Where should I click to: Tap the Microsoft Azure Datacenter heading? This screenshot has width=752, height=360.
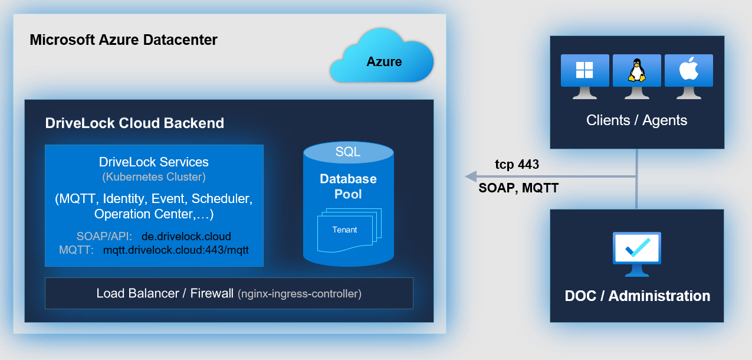[x=123, y=40]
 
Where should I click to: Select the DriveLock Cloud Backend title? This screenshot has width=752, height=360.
[x=134, y=123]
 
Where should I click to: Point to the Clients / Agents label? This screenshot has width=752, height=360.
[x=636, y=120]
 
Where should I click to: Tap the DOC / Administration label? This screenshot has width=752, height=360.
[x=637, y=296]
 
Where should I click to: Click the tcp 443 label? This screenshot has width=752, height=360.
[x=517, y=165]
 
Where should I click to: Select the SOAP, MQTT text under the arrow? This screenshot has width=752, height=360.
[x=518, y=189]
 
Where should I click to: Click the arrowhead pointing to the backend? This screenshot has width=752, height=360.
[x=471, y=176]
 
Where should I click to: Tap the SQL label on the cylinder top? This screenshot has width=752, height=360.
[x=348, y=152]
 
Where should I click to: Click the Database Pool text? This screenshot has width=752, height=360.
[x=348, y=186]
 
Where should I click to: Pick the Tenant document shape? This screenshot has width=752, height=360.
[x=345, y=231]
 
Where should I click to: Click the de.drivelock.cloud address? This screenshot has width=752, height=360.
[x=186, y=237]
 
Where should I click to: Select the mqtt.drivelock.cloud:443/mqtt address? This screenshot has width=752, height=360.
[x=176, y=250]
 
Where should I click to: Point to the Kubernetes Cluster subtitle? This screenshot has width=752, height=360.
[x=153, y=176]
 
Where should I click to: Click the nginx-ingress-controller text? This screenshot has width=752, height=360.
[x=299, y=293]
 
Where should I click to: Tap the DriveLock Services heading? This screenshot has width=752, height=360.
[x=153, y=162]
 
